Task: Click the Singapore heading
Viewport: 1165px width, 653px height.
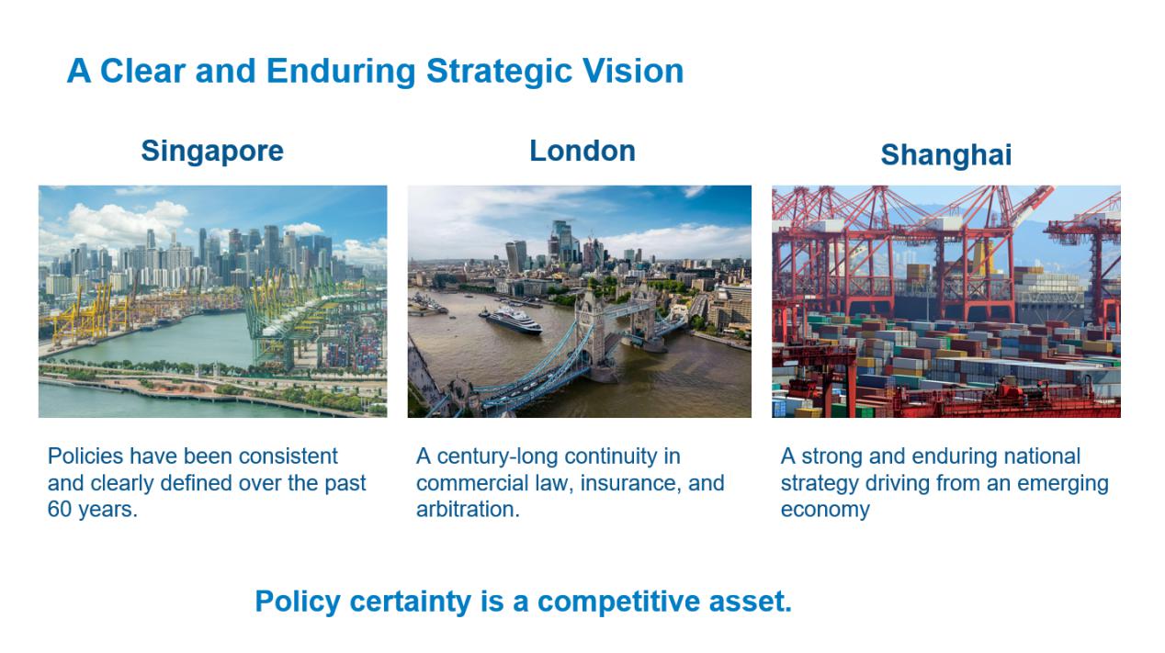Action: tap(212, 152)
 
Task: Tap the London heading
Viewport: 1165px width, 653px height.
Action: tap(582, 151)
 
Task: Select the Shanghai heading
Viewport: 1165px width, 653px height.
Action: tap(946, 155)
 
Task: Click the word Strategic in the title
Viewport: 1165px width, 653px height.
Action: tap(499, 72)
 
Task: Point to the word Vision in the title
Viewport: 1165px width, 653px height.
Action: tap(633, 71)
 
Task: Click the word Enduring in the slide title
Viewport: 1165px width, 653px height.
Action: tap(341, 72)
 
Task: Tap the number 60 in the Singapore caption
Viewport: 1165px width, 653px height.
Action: tap(60, 510)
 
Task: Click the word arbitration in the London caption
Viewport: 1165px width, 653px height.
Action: tap(468, 510)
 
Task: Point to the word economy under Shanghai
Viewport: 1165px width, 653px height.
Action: tap(825, 511)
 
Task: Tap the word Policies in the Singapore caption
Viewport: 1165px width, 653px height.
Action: tap(85, 456)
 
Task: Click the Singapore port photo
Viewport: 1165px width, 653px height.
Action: tap(213, 301)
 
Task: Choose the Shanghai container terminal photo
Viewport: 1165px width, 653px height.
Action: tap(946, 301)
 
